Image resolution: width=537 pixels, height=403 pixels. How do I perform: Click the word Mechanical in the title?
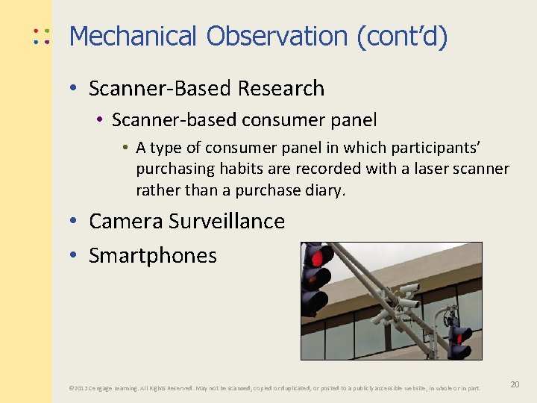pos(133,36)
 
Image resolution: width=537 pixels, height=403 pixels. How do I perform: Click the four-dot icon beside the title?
pos(41,37)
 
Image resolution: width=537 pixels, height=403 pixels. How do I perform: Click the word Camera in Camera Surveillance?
pos(125,221)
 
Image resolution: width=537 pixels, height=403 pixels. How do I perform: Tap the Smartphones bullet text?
pos(153,255)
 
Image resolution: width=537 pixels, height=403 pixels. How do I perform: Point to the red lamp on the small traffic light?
pos(457,337)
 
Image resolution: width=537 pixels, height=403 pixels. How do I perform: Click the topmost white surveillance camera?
pos(409,287)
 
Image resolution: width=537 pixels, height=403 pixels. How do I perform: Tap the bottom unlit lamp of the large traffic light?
pos(314,302)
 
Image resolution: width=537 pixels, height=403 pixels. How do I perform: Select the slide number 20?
pos(515,384)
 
